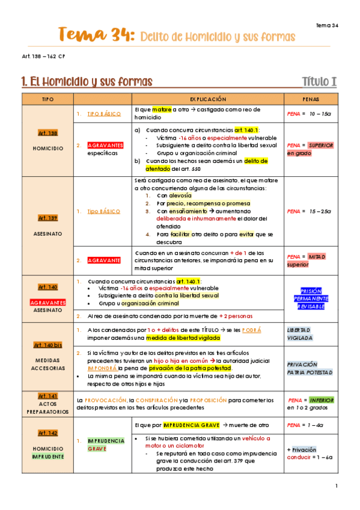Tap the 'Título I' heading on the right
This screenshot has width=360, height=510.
click(319, 81)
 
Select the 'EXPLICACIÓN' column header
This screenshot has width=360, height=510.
click(208, 98)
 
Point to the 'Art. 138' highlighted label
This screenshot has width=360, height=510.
click(47, 133)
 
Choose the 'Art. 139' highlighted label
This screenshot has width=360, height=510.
click(47, 218)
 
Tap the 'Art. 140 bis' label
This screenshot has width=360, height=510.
click(47, 345)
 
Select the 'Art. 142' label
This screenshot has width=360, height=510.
click(47, 432)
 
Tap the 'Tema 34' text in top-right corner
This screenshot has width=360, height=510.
click(327, 25)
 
